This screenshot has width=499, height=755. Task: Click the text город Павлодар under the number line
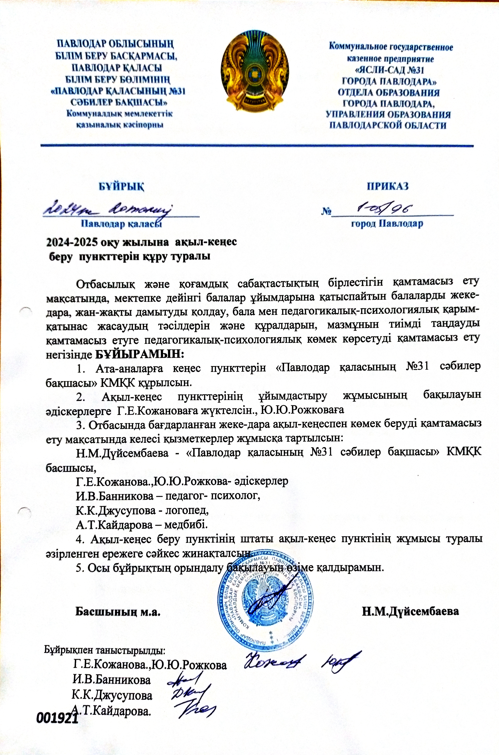[x=387, y=224]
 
